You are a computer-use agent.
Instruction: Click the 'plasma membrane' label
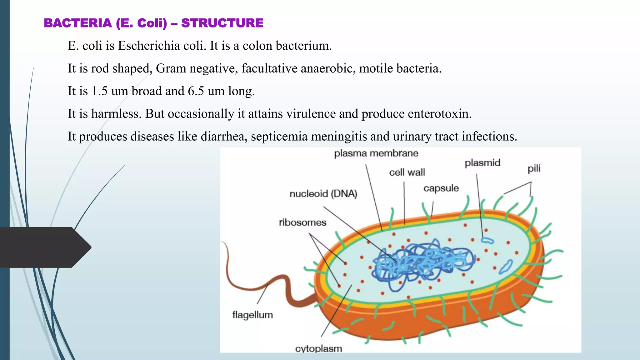pos(376,153)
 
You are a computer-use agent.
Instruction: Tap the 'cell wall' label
pos(407,172)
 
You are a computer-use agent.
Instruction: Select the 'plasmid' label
pos(482,163)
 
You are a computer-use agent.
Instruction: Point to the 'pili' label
pos(534,169)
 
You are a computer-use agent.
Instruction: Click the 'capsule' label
pos(441,188)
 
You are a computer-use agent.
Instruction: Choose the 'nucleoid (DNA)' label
pos(323,194)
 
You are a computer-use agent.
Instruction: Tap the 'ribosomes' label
pos(302,222)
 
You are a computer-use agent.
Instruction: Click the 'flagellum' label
pos(252,315)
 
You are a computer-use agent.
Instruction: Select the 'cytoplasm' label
pos(318,348)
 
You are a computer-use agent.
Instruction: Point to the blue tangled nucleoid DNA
pos(422,262)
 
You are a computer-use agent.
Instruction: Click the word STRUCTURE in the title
pos(222,23)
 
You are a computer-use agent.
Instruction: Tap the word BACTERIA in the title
pos(78,23)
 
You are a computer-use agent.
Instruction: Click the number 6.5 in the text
pos(196,91)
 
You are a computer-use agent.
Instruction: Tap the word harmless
pos(116,114)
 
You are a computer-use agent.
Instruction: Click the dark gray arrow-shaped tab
pos(44,247)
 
